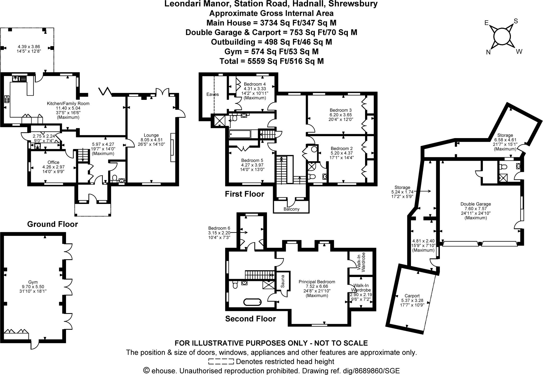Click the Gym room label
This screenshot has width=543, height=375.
click(x=33, y=282)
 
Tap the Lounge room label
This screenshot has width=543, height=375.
click(x=151, y=135)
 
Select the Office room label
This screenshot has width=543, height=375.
click(x=53, y=162)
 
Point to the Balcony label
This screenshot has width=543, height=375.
click(x=291, y=209)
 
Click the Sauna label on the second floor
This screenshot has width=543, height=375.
click(x=283, y=282)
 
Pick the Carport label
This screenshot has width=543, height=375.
click(x=412, y=296)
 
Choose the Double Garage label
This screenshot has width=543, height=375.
click(x=476, y=204)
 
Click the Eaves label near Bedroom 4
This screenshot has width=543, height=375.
click(x=213, y=94)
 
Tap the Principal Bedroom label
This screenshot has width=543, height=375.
click(x=317, y=282)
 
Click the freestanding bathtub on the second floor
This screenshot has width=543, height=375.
click(x=252, y=302)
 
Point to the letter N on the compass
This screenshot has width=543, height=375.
click(x=488, y=53)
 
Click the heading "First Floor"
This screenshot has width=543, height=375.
click(x=244, y=194)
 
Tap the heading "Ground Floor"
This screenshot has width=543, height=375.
click(x=52, y=224)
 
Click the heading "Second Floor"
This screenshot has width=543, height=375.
click(x=251, y=319)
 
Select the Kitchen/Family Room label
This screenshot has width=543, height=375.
click(x=68, y=104)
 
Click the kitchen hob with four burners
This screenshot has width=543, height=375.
click(x=7, y=99)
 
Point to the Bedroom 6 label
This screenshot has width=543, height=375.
click(x=219, y=228)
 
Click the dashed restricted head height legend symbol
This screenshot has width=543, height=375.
click(x=221, y=361)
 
